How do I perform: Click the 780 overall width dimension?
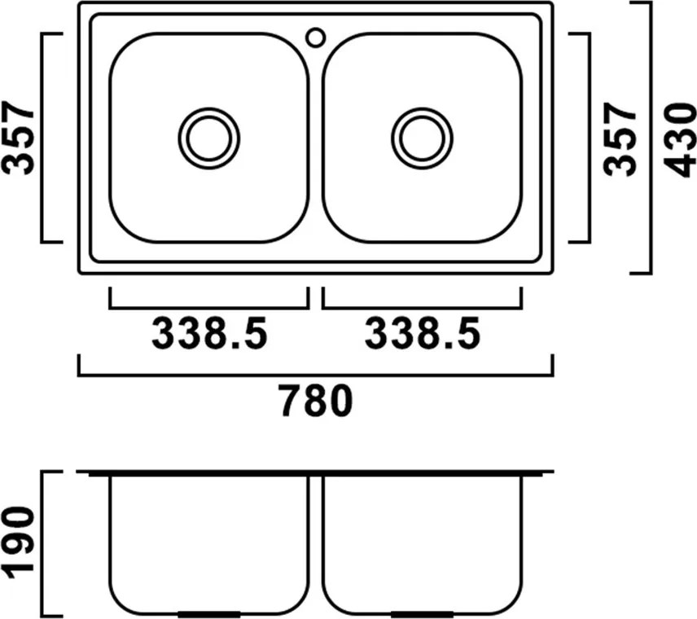point(318,401)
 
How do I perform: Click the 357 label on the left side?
point(19,138)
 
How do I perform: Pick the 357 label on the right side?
point(620,138)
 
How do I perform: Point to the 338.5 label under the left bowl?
point(209,333)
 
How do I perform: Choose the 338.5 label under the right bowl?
point(423,333)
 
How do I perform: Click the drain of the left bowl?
point(209,138)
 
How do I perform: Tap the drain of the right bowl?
point(423,138)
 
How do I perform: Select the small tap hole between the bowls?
point(316,37)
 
